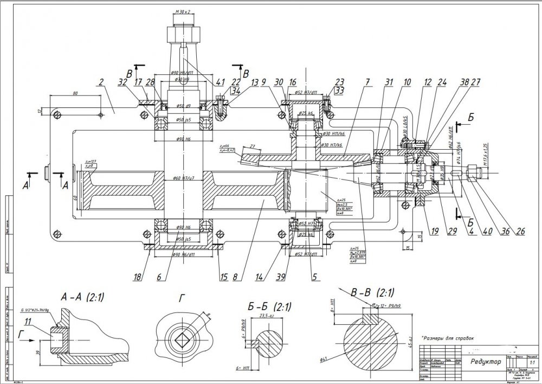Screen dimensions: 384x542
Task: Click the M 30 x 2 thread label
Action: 185,10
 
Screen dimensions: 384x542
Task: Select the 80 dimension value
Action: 75,93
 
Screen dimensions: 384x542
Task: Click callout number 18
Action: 138,277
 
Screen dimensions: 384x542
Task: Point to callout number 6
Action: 159,277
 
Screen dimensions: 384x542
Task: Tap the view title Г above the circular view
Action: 182,299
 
